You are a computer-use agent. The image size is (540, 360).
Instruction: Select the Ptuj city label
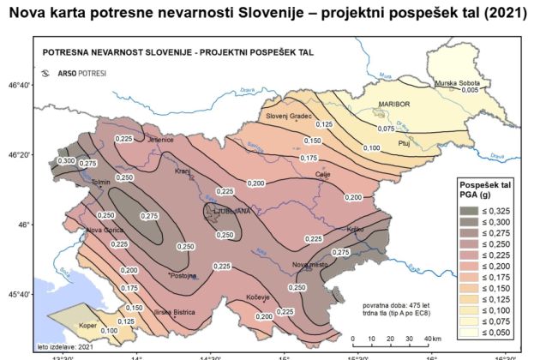pyautogui.click(x=406, y=144)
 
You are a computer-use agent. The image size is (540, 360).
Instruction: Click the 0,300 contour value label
pyautogui.click(x=66, y=160)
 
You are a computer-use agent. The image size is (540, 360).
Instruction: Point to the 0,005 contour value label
pyautogui.click(x=469, y=90)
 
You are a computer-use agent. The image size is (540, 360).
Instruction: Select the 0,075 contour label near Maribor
pyautogui.click(x=387, y=128)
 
